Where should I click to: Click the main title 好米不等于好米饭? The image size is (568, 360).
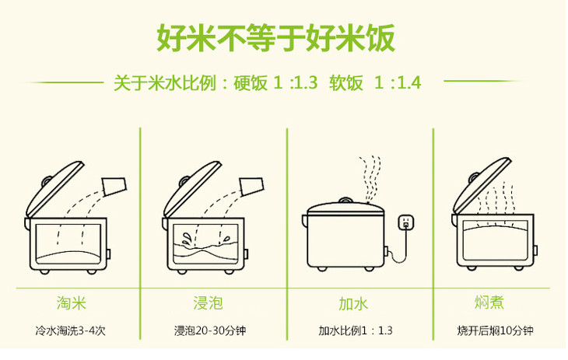tap(275, 38)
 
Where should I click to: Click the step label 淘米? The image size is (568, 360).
tap(72, 302)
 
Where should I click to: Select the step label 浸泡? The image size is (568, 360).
tap(208, 302)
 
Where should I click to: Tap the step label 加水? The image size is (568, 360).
tap(353, 303)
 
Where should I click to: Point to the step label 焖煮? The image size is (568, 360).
tap(489, 302)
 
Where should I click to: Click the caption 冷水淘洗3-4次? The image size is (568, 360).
tap(71, 330)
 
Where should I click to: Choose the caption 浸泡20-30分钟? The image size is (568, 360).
tap(210, 330)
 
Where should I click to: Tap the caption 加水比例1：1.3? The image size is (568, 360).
tap(356, 330)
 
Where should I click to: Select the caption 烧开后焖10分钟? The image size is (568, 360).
tap(495, 330)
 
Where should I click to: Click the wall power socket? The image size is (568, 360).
tap(406, 222)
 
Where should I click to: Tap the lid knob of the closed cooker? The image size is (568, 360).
tap(345, 201)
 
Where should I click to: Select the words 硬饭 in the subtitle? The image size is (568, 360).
tap(251, 83)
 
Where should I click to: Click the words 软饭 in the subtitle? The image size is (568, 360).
tap(346, 83)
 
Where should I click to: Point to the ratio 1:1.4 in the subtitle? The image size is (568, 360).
tap(398, 83)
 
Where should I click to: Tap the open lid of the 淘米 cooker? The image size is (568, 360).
tap(54, 190)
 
